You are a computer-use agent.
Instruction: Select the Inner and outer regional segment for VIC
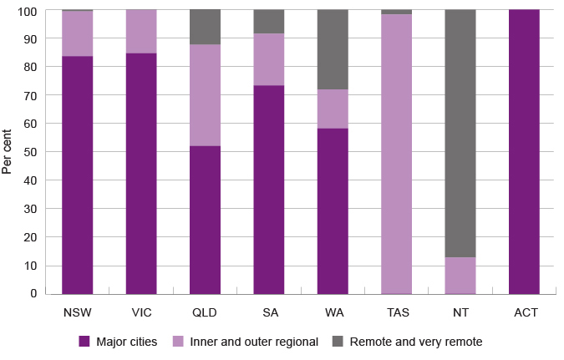click(141, 32)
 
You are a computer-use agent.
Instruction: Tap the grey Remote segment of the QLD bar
click(206, 27)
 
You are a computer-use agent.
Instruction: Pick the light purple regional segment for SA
click(269, 59)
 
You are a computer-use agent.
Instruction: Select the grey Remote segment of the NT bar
click(461, 133)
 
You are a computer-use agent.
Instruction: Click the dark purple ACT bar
click(525, 151)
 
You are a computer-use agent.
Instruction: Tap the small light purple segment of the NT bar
click(461, 275)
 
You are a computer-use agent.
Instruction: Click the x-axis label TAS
click(398, 313)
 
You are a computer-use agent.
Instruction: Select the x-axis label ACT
click(526, 313)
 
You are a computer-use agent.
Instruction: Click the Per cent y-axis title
click(8, 151)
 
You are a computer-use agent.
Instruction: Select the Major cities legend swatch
click(84, 342)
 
